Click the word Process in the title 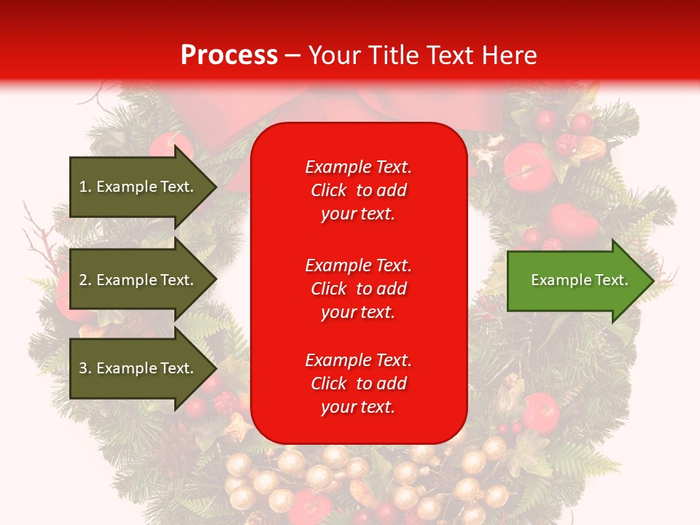(229, 55)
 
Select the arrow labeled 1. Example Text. (139, 187)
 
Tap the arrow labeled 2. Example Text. (139, 280)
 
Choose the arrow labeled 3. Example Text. (139, 368)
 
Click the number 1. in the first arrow (85, 187)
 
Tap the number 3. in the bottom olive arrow (85, 368)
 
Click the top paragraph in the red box (358, 190)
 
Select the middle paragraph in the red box (358, 289)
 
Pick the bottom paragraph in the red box (358, 384)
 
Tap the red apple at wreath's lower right (540, 413)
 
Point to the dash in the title (292, 56)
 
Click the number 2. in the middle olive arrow (85, 280)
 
